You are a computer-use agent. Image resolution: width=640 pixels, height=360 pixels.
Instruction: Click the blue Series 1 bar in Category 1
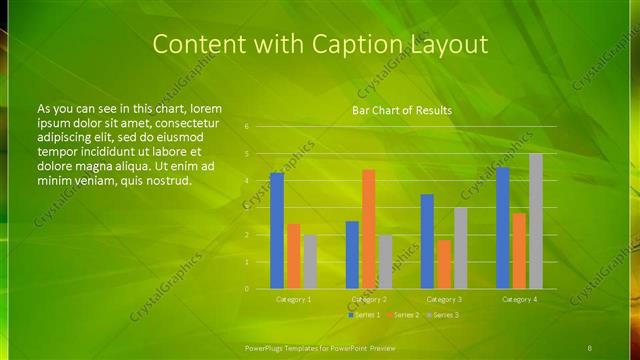tap(276, 231)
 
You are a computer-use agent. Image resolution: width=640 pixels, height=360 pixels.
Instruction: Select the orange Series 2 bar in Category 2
tap(368, 229)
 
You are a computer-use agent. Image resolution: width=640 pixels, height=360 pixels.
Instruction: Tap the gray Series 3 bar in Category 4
tap(535, 221)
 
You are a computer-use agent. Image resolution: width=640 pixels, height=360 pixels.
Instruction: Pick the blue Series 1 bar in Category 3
tap(427, 241)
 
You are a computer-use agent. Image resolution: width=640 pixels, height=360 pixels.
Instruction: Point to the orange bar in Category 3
tap(443, 264)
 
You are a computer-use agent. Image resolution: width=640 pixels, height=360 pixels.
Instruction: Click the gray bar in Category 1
tap(310, 262)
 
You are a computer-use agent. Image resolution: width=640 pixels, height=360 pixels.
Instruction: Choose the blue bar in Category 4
tap(502, 228)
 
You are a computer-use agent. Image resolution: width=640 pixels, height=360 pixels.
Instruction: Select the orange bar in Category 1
tap(293, 256)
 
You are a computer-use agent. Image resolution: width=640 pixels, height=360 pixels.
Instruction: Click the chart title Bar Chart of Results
tap(401, 111)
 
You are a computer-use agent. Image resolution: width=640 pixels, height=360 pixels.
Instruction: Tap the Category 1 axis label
tap(293, 299)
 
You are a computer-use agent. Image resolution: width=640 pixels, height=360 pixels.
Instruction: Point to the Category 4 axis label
tap(519, 299)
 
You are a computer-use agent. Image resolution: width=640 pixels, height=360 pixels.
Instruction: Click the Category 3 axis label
tap(443, 299)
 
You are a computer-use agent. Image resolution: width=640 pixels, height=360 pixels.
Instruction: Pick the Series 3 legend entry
tap(443, 315)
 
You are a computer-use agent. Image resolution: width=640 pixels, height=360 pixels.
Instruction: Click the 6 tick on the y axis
tap(246, 128)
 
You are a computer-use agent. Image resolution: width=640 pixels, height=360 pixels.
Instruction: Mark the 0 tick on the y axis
tap(246, 289)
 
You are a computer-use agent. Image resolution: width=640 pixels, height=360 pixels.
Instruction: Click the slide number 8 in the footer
tap(590, 347)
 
